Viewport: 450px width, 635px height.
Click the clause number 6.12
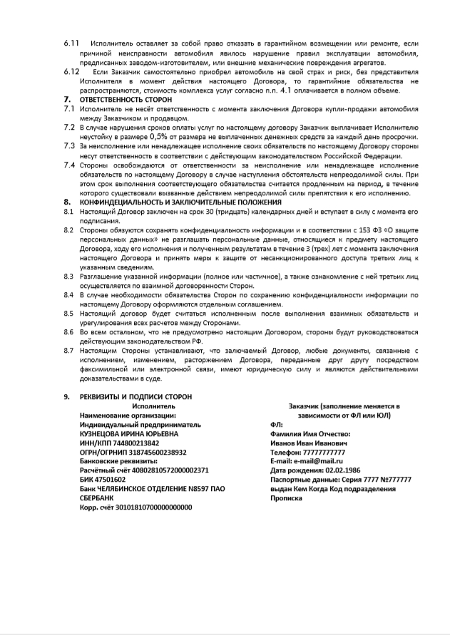(71, 72)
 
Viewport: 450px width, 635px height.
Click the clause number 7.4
(69, 165)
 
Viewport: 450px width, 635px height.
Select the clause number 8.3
(68, 276)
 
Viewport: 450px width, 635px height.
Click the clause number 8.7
(68, 351)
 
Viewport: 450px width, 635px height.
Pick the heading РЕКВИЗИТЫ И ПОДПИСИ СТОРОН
(135, 396)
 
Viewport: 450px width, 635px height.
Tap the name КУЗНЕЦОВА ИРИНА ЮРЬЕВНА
(129, 433)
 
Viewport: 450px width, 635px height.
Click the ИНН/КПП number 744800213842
(132, 442)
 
